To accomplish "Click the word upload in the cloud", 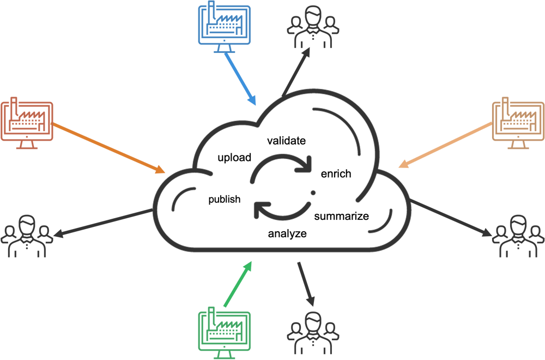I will tap(234, 158).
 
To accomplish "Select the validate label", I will tap(286, 141).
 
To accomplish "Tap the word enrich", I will tap(336, 174).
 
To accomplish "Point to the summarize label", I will tap(342, 216).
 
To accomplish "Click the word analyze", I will tap(287, 234).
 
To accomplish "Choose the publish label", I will tap(224, 199).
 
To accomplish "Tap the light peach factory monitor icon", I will tap(518, 123).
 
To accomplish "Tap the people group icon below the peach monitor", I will tap(518, 236).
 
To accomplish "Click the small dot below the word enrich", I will tap(313, 193).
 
